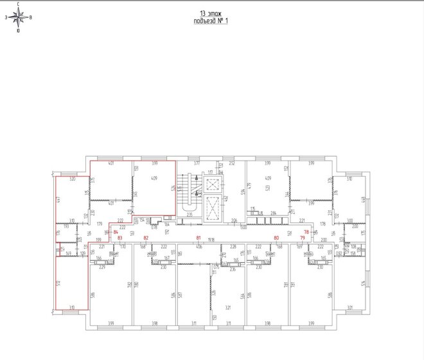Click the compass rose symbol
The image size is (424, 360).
click(18, 17)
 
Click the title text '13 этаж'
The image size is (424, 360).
click(211, 14)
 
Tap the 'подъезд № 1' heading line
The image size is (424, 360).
click(211, 21)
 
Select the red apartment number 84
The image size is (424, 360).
click(116, 231)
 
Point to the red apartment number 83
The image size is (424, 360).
click(120, 238)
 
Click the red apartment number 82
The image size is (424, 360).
click(146, 238)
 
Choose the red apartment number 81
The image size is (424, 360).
click(199, 238)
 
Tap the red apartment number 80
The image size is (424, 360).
click(277, 238)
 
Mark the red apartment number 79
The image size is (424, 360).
click(302, 238)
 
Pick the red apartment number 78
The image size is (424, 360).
click(306, 231)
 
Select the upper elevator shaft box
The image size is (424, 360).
click(211, 183)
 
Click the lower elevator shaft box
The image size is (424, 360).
click(211, 210)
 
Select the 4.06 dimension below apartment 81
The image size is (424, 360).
click(199, 247)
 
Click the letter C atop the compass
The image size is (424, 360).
click(18, 4)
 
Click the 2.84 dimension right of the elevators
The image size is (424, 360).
click(273, 213)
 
